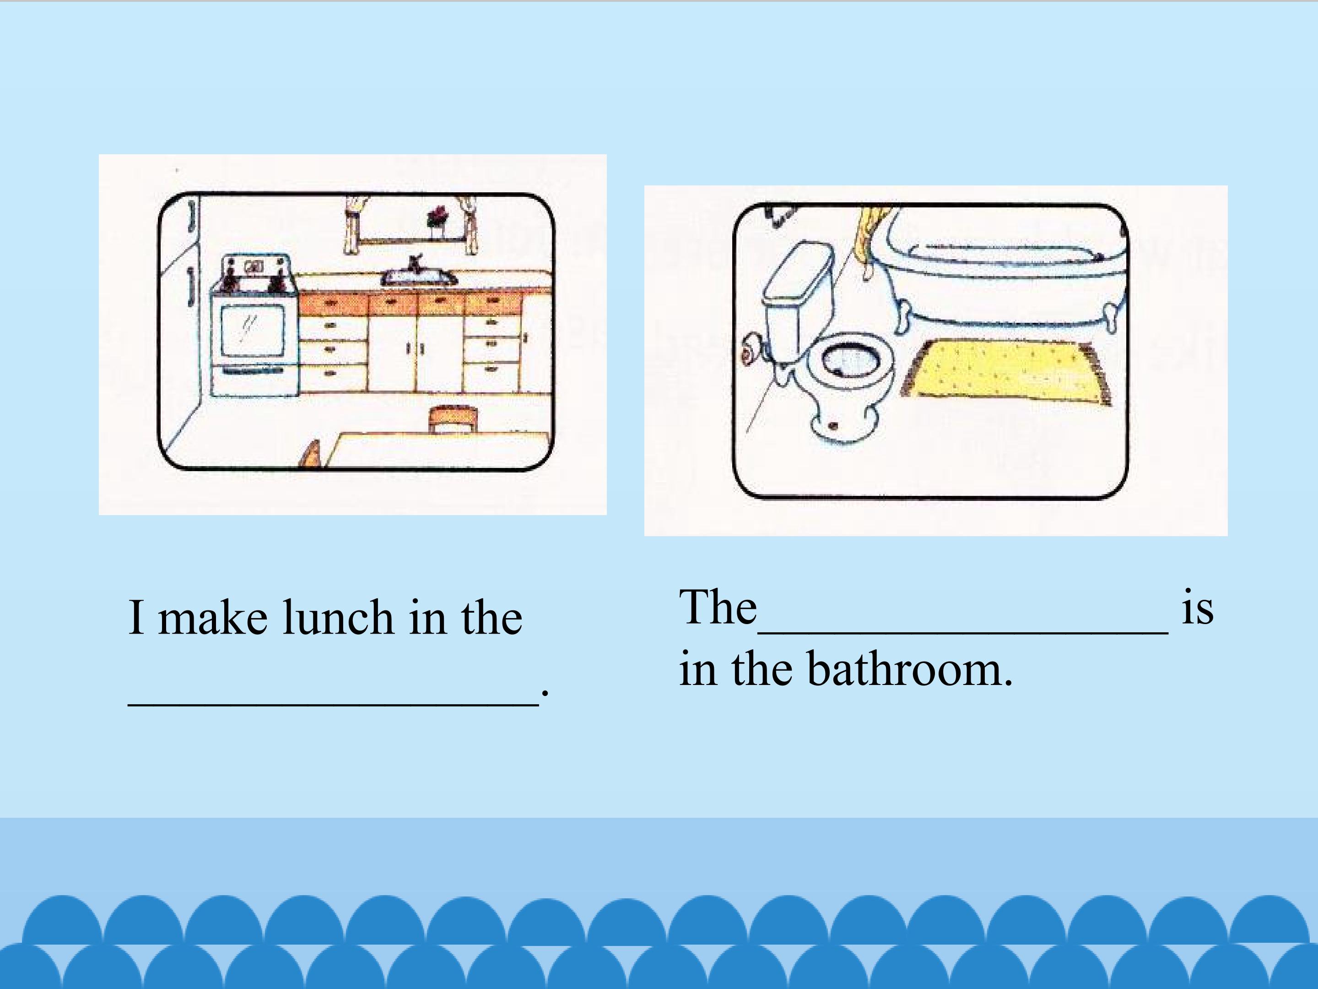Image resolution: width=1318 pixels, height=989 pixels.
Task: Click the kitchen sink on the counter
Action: pos(419,277)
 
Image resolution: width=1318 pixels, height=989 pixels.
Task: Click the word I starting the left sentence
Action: pos(136,617)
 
